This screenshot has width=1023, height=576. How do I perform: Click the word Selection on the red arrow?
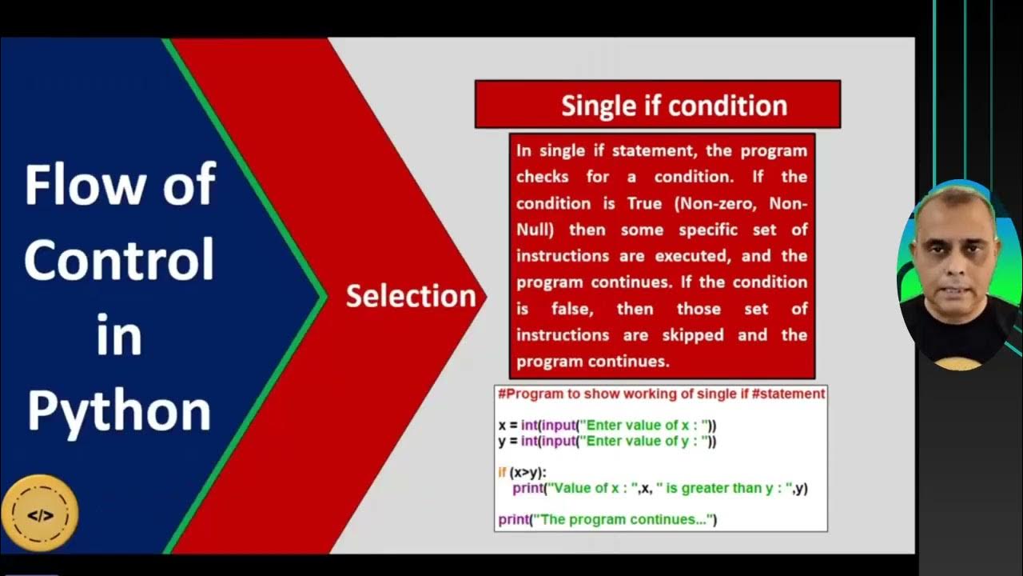coord(411,296)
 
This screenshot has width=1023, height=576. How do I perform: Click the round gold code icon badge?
coord(40,515)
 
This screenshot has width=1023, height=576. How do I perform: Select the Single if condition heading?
coord(674,106)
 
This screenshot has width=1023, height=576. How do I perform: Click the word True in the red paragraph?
coord(644,203)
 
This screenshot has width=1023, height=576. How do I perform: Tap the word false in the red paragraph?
coord(572,309)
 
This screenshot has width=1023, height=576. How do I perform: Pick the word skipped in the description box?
coord(693,335)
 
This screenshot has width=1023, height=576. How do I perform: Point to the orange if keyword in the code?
coord(502,473)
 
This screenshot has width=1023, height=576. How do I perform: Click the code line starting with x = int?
coord(607,426)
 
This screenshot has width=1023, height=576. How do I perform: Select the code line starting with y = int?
coord(607,441)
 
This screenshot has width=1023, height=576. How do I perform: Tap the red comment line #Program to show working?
coord(661,394)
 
